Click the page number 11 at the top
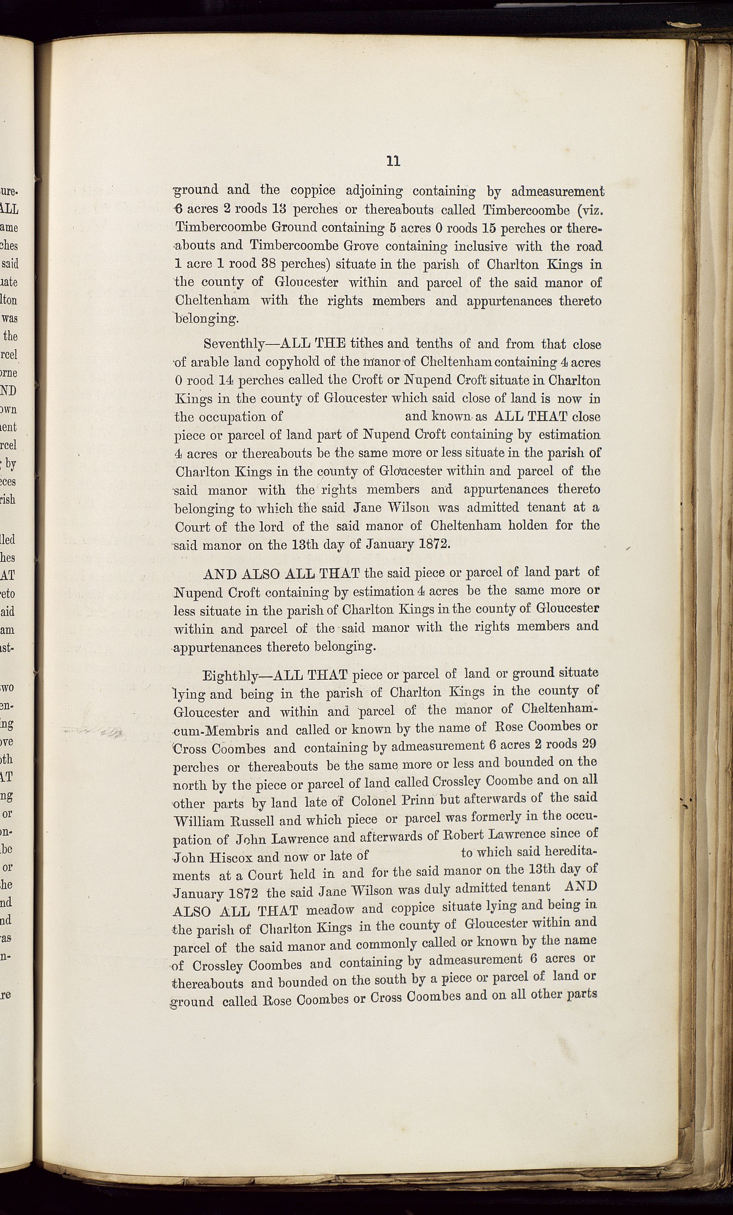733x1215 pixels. point(393,161)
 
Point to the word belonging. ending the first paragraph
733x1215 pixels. point(207,319)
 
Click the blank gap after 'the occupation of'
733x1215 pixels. point(343,417)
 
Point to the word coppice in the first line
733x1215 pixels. point(312,190)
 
